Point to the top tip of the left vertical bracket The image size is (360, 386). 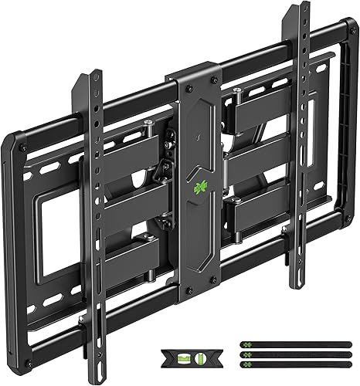(95, 74)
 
